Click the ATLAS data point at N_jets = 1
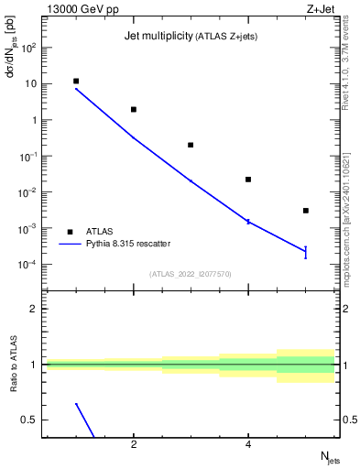76,82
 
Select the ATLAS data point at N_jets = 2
134,109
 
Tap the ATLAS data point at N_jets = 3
191,145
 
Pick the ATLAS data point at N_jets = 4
248,180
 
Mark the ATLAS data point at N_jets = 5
306,211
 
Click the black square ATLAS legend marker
70,232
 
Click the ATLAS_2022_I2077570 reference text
191,273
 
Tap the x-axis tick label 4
248,445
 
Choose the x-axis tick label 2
134,445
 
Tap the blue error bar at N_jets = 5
306,252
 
